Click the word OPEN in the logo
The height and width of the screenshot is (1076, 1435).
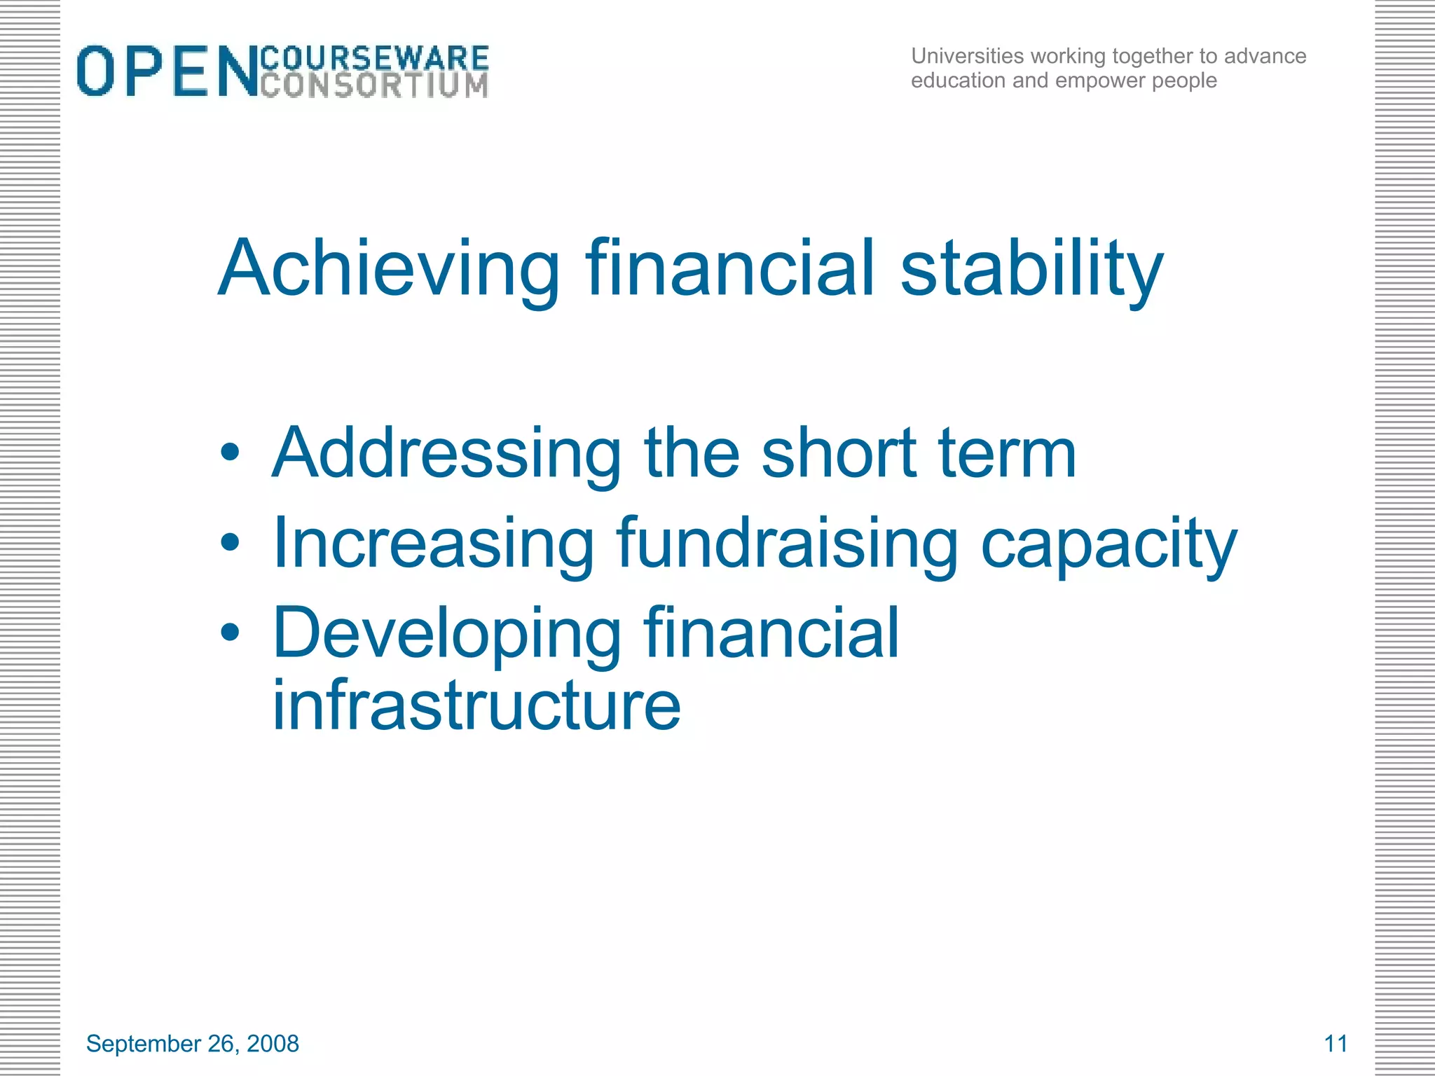click(167, 71)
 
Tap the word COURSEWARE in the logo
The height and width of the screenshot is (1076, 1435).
click(374, 57)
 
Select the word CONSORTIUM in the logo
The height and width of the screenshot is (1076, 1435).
click(374, 85)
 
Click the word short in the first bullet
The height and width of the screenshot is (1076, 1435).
click(839, 454)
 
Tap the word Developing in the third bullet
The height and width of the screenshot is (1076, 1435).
click(446, 635)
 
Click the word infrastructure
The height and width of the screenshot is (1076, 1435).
click(476, 705)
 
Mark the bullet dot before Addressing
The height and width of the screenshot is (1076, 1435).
click(230, 453)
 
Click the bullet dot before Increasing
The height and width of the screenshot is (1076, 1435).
click(230, 542)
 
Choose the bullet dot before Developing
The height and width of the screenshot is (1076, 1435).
click(230, 633)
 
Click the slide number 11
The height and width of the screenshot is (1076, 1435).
click(1336, 1044)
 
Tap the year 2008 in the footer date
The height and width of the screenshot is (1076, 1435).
click(273, 1044)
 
